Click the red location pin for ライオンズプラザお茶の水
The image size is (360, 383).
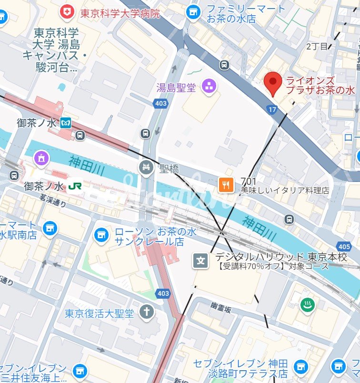273,83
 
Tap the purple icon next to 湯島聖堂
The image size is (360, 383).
209,86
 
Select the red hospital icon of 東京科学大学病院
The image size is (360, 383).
68,12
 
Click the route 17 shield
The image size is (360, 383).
272,110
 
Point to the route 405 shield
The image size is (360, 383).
343,246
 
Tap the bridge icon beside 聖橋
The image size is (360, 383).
145,167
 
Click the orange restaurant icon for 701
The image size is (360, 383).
226,184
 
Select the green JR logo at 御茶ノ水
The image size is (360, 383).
75,185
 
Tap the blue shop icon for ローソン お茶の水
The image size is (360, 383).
101,234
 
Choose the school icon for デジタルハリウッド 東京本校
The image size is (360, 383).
200,260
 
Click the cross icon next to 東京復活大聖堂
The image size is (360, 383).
147,312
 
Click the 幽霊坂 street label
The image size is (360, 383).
221,310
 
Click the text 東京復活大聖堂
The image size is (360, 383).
100,313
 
